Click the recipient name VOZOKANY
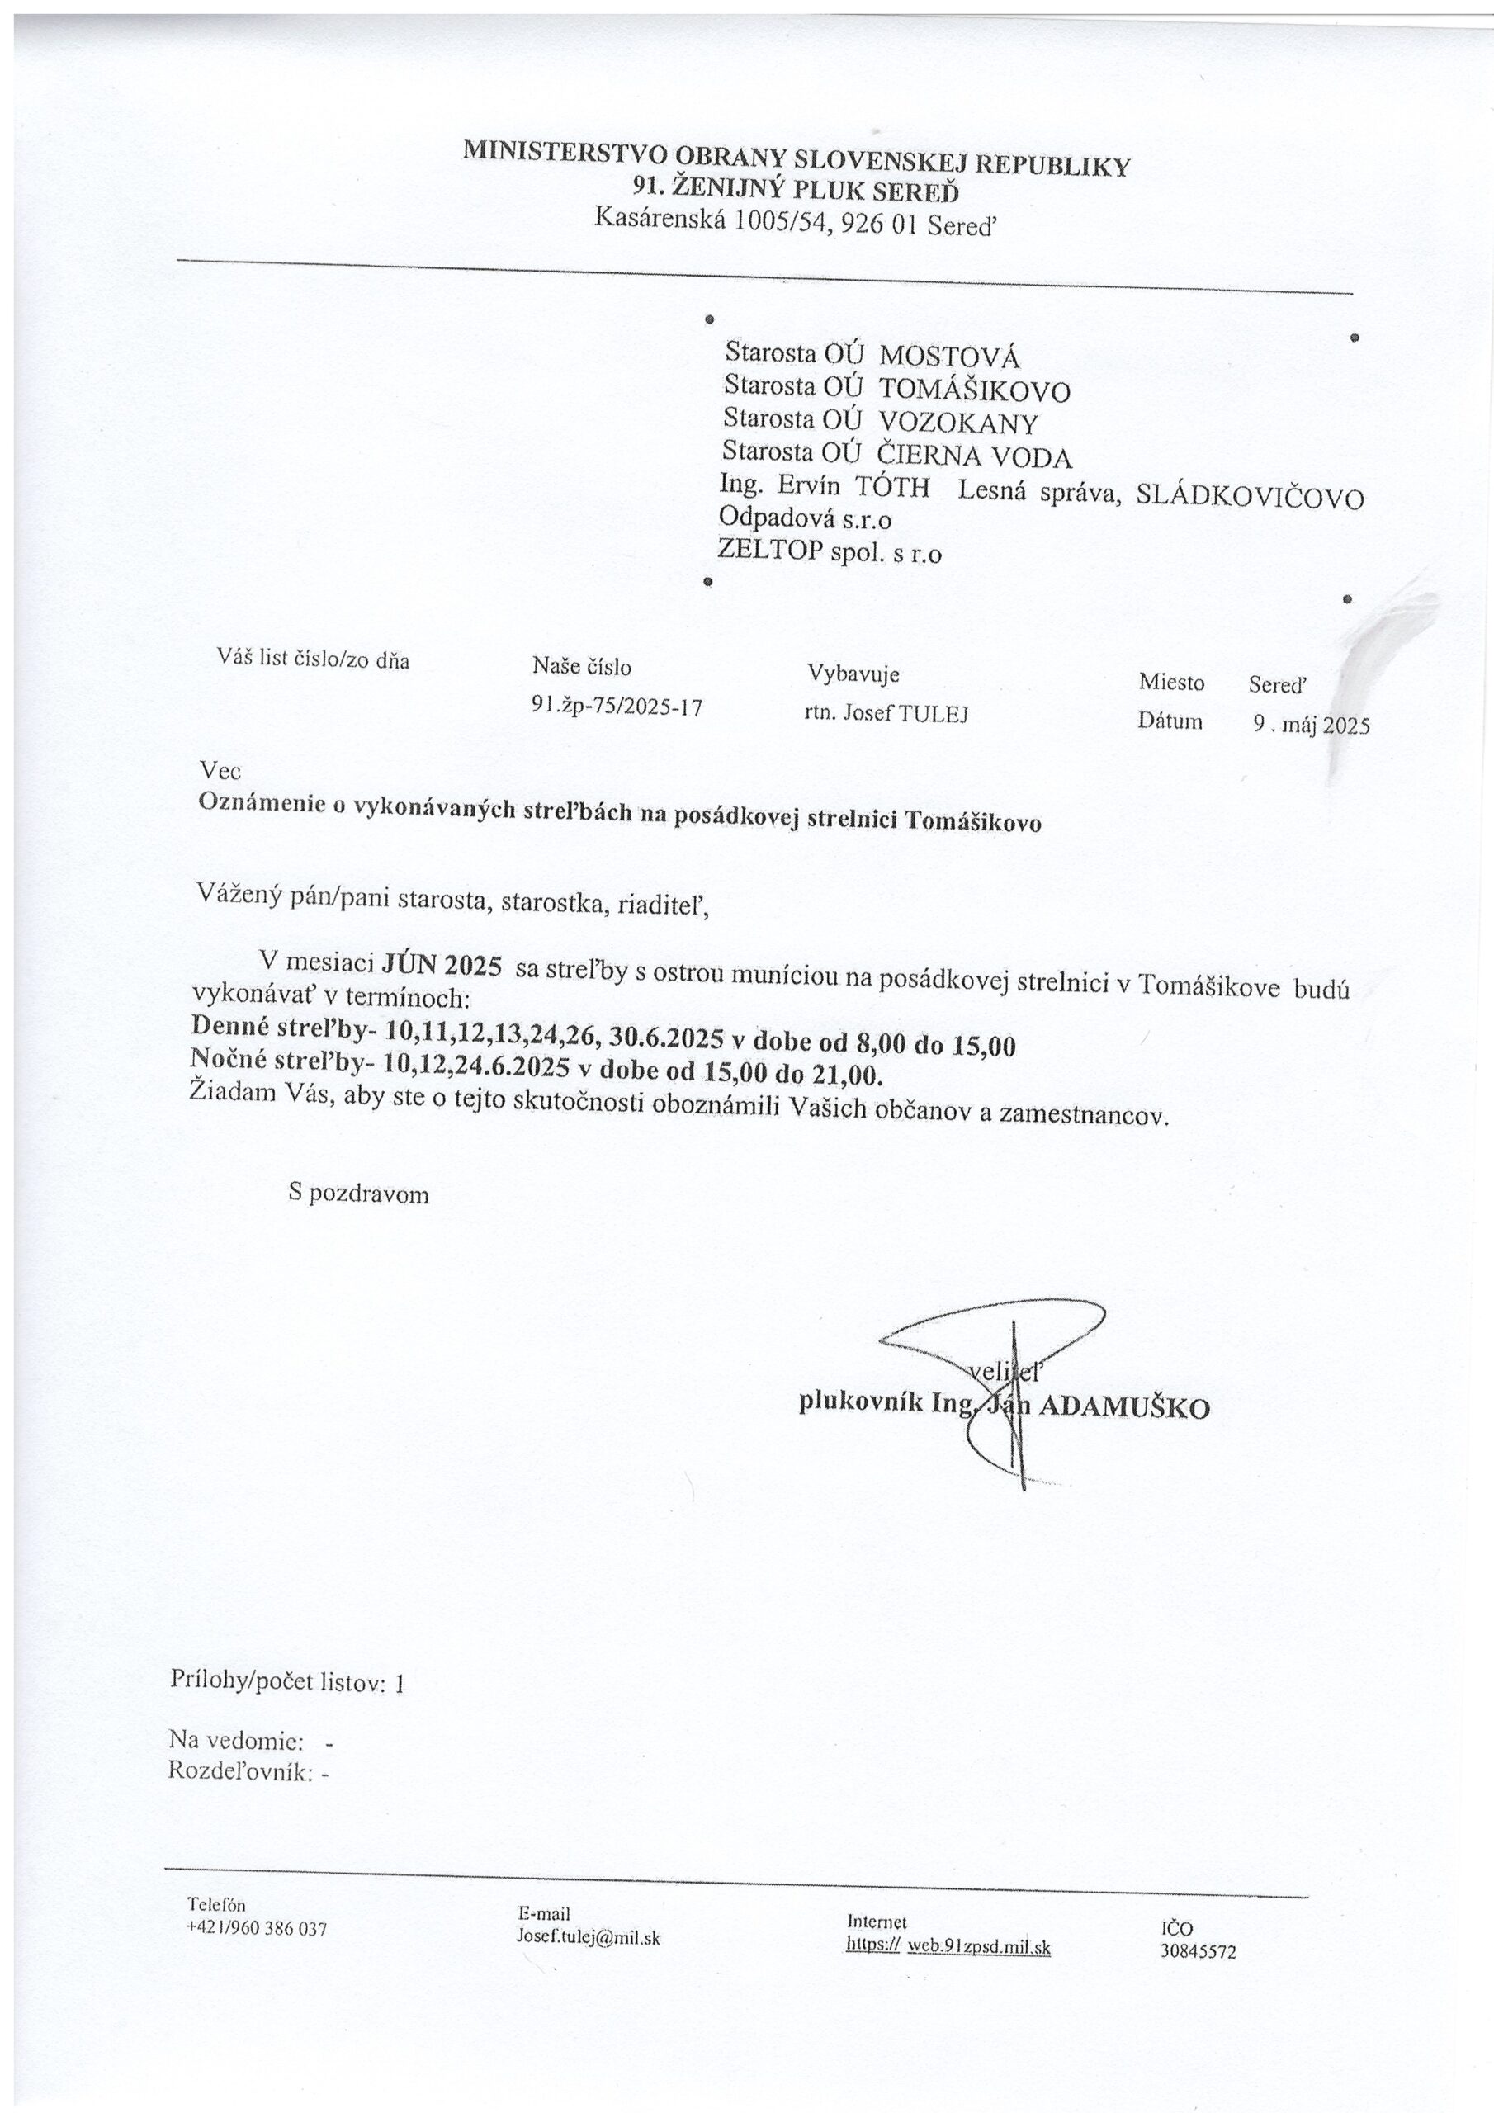[x=958, y=423]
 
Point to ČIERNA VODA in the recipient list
[x=975, y=456]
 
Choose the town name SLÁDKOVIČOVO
[x=1250, y=497]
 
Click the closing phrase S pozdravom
[x=358, y=1194]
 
